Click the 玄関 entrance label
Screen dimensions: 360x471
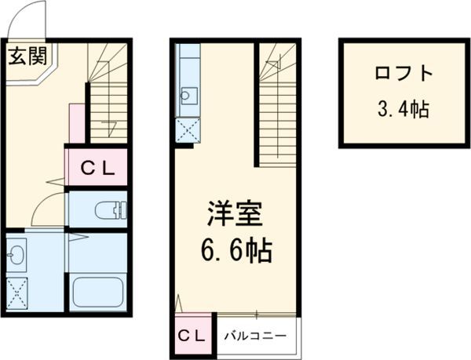click(x=28, y=56)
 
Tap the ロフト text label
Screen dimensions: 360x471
click(x=403, y=75)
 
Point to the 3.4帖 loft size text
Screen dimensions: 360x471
click(x=403, y=109)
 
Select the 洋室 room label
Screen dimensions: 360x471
click(x=234, y=214)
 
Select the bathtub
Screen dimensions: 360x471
click(x=98, y=292)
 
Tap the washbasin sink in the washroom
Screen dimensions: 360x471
click(x=18, y=255)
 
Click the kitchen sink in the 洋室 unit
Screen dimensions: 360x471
click(x=188, y=96)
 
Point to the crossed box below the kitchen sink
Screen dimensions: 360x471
click(x=188, y=129)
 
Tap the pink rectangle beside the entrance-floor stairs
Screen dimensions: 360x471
click(x=76, y=124)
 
